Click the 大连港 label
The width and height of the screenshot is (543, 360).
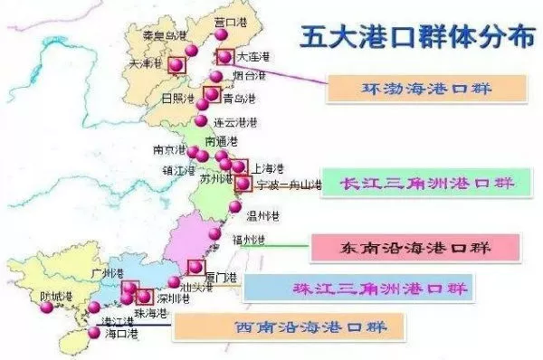click(x=252, y=57)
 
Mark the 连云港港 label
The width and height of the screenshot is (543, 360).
click(x=235, y=122)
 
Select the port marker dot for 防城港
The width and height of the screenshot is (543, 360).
click(x=47, y=308)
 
